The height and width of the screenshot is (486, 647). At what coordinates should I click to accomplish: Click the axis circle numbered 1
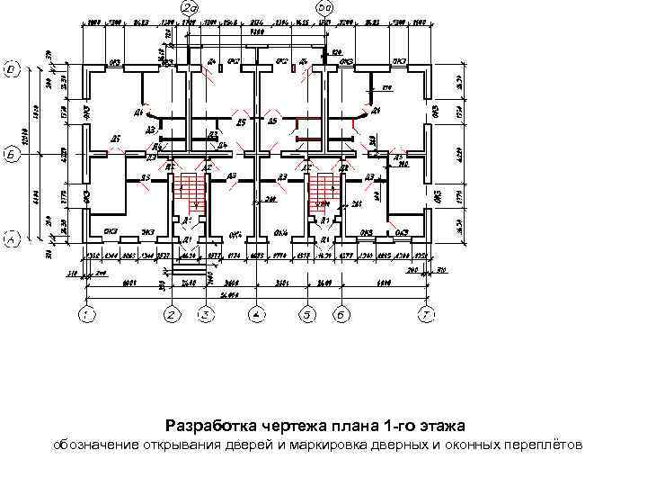tap(86, 315)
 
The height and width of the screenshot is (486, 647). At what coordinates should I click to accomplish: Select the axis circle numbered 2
tap(172, 315)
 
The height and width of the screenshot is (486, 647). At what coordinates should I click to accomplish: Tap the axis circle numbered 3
tap(206, 315)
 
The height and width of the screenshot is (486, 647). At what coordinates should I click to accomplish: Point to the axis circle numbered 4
tap(257, 315)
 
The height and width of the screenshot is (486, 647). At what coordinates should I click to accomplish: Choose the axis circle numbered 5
tap(307, 315)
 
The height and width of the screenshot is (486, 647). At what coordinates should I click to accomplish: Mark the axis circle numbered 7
tap(428, 315)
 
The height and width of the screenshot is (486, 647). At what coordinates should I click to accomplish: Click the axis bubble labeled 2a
tap(191, 8)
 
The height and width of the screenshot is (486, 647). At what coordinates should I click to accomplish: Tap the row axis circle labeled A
tap(12, 239)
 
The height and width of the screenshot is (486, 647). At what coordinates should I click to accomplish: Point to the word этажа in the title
tap(441, 425)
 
